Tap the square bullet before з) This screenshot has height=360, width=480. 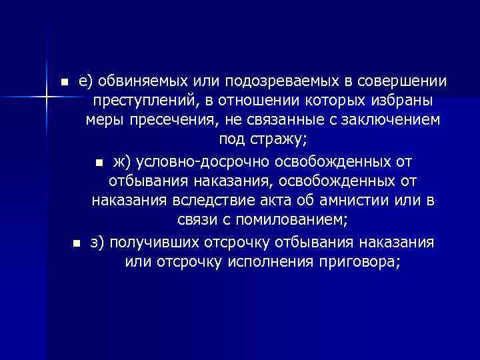point(77,243)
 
